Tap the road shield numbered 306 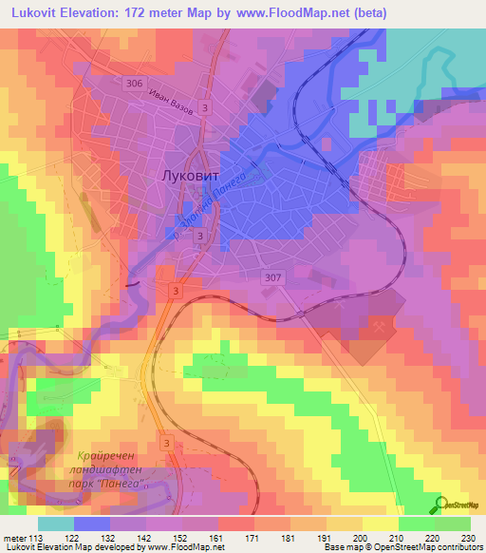pos(134,85)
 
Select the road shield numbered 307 pos(271,276)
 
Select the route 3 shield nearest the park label pos(167,443)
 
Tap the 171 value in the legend pos(253,537)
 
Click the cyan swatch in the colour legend pos(55,524)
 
